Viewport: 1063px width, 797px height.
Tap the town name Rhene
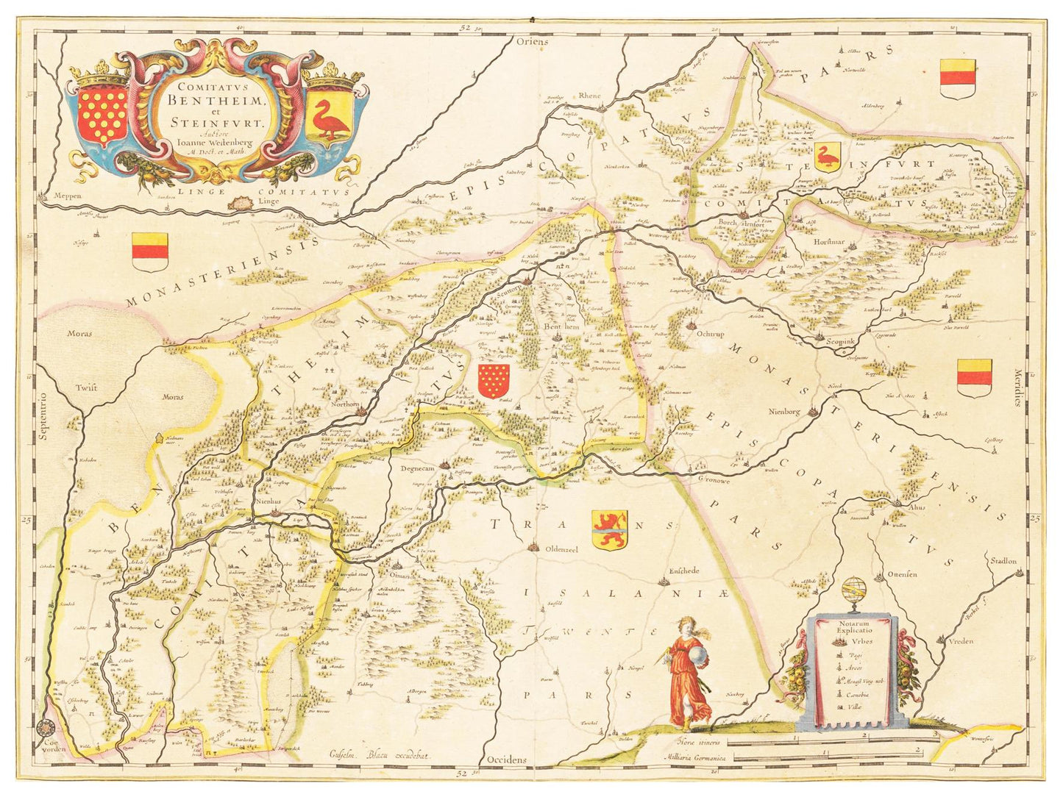(x=590, y=96)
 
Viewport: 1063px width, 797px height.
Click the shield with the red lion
(x=609, y=530)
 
